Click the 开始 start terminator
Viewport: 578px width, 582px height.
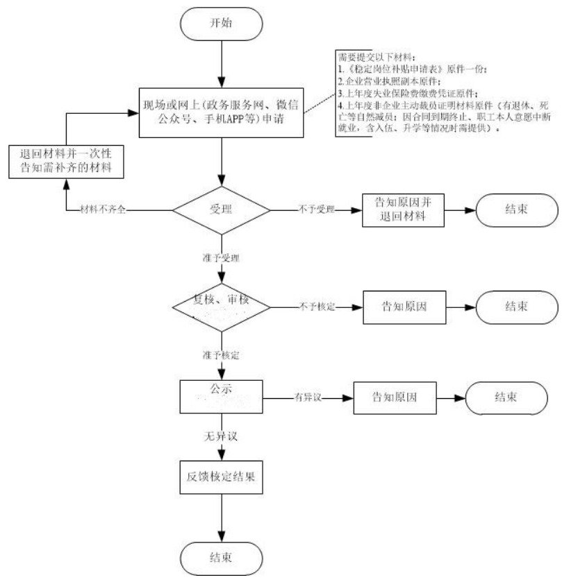pyautogui.click(x=221, y=23)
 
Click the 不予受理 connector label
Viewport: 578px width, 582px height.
pyautogui.click(x=317, y=209)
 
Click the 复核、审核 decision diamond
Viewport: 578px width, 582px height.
pyautogui.click(x=221, y=306)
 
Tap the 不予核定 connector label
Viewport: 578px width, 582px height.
pyautogui.click(x=317, y=305)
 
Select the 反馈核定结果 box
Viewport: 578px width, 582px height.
pyautogui.click(x=221, y=478)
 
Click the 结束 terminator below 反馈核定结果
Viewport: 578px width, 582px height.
pyautogui.click(x=221, y=557)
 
